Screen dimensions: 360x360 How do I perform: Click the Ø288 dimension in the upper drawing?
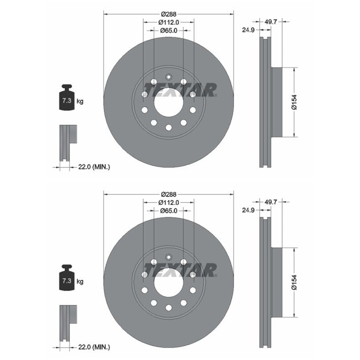coord(168,14)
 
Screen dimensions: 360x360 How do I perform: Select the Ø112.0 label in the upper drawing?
coord(169,22)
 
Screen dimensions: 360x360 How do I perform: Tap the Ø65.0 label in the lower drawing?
coord(169,211)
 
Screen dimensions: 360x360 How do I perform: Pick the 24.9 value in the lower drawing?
coord(248,210)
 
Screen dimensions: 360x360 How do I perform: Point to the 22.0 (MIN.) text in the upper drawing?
coord(94,167)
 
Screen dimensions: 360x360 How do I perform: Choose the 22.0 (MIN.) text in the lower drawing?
coord(94,347)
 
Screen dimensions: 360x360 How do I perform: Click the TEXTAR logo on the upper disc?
coord(180,90)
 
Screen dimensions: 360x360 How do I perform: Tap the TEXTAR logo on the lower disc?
coord(180,270)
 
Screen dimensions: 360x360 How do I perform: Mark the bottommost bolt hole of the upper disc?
coord(169,127)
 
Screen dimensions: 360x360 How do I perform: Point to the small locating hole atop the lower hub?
coord(169,257)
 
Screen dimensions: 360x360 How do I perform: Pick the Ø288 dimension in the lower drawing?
coord(168,194)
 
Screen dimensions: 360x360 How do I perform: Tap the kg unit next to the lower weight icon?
coord(80,282)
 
